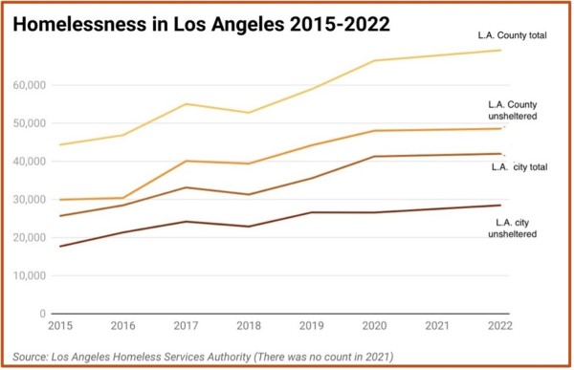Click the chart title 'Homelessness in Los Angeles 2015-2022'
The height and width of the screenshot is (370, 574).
(x=201, y=24)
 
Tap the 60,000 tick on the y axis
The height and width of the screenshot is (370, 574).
(x=30, y=85)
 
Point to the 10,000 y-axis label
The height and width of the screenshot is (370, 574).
(x=30, y=275)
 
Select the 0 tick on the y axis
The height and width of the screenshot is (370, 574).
(x=43, y=314)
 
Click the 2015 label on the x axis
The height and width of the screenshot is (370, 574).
(x=60, y=325)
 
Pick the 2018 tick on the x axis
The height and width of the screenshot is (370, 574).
(x=249, y=325)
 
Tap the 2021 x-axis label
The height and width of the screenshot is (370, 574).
(x=437, y=325)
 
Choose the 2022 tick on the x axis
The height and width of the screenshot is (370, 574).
(x=500, y=325)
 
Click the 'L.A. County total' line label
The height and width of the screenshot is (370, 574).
(x=512, y=35)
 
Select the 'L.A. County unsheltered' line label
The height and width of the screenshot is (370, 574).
(x=513, y=110)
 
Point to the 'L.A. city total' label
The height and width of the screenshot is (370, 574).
(x=519, y=167)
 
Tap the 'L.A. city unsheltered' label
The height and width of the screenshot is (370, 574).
(x=513, y=228)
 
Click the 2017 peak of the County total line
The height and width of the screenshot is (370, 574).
(x=186, y=104)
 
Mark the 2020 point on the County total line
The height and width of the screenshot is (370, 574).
(x=374, y=60)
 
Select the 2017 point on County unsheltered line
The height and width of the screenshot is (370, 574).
(x=186, y=161)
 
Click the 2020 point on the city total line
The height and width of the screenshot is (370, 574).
(x=374, y=156)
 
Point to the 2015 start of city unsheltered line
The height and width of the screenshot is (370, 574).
(x=60, y=247)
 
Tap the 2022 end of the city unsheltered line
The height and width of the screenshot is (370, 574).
(x=500, y=206)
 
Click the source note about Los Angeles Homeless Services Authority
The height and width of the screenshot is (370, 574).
(x=203, y=357)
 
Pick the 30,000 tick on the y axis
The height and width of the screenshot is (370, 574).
(x=30, y=200)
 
